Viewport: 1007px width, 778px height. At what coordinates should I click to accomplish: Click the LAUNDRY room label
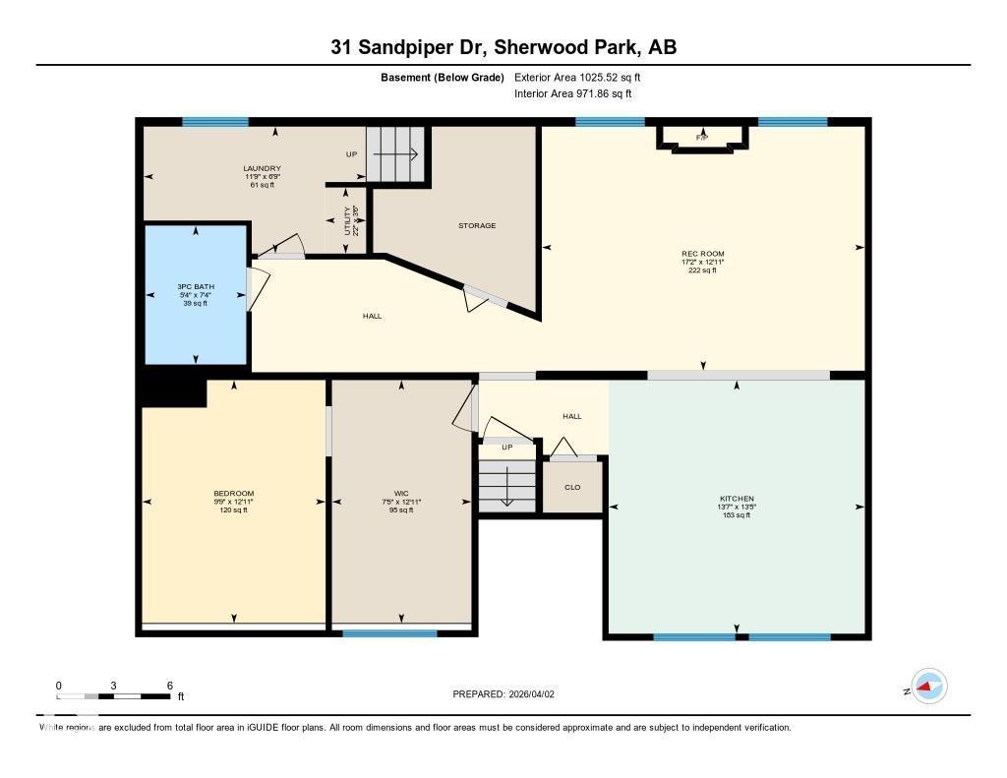tap(263, 168)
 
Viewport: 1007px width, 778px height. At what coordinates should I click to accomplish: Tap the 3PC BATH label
tap(196, 286)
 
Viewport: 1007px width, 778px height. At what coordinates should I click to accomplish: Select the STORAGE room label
tap(477, 225)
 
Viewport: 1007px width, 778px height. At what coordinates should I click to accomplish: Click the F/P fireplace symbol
tap(702, 138)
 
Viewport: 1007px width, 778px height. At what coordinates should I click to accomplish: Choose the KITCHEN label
tap(737, 499)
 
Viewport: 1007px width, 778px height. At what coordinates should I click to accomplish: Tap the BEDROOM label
tap(234, 493)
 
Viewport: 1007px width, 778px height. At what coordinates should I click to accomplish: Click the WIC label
tap(400, 493)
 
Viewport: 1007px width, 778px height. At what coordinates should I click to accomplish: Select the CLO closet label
tap(572, 487)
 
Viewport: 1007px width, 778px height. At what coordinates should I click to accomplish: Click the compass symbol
tap(928, 687)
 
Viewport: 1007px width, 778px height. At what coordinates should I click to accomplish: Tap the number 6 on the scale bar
tap(170, 685)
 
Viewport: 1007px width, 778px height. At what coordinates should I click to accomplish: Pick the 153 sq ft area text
tap(737, 515)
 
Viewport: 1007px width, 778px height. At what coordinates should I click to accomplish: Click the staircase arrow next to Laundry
tap(398, 154)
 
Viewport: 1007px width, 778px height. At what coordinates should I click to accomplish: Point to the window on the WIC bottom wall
tap(389, 633)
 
